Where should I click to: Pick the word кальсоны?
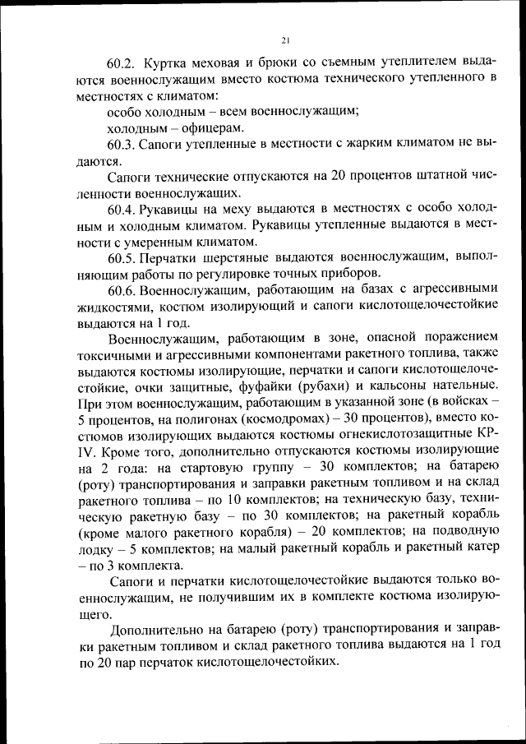pos(395,386)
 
